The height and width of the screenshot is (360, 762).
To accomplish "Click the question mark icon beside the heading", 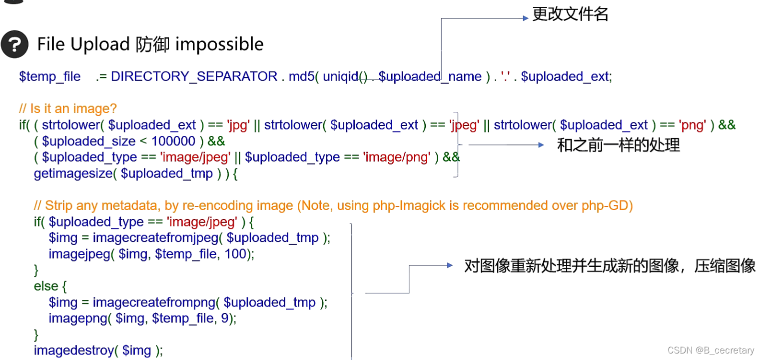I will pyautogui.click(x=14, y=44).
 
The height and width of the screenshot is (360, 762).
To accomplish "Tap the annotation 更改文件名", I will pyautogui.click(x=570, y=14).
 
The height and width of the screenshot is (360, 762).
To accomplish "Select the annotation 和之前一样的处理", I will pyautogui.click(x=619, y=145).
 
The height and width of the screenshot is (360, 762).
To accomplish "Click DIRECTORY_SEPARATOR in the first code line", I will pyautogui.click(x=194, y=76).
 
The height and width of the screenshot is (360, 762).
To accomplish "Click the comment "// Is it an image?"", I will pyautogui.click(x=67, y=108).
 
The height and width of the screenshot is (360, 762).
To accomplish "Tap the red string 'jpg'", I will pyautogui.click(x=238, y=125).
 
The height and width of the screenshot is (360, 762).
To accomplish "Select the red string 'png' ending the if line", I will pyautogui.click(x=692, y=125).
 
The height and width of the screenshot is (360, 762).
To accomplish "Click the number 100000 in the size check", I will pyautogui.click(x=173, y=141).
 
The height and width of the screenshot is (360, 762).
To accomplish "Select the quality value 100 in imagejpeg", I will pyautogui.click(x=235, y=253).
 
